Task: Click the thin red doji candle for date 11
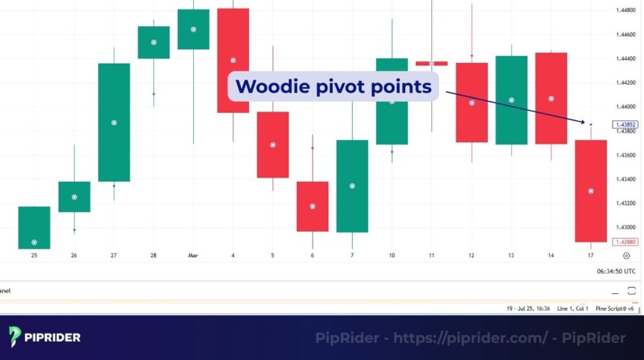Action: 431,64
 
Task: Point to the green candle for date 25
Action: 34,227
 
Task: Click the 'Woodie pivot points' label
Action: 333,86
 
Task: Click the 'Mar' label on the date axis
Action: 193,256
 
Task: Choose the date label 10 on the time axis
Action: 392,256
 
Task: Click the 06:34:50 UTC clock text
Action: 616,271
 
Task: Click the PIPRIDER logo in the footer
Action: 45,337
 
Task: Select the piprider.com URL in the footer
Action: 470,338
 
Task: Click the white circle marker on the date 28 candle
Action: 153,42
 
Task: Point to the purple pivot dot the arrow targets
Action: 591,125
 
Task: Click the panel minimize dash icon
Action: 616,291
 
